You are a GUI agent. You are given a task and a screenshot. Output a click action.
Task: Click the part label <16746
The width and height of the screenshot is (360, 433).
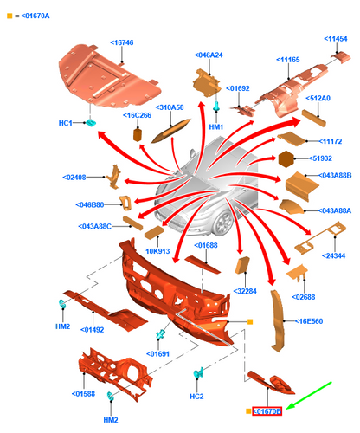tap(122, 42)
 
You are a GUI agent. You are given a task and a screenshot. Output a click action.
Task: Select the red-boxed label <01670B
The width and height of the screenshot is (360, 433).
tap(267, 411)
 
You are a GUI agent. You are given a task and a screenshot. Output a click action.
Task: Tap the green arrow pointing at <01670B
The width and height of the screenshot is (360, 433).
tap(309, 396)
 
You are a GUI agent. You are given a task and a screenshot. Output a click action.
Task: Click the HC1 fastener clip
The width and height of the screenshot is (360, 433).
tap(91, 123)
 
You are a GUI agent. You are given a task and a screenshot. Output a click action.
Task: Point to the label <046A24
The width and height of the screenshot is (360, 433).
tap(209, 55)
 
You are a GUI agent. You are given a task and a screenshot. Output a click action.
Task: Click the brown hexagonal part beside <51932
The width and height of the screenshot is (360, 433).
tap(286, 158)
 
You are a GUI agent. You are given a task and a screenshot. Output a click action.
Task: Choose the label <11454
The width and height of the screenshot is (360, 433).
tap(336, 39)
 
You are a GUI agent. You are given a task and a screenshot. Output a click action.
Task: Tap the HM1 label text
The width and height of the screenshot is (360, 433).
tap(216, 126)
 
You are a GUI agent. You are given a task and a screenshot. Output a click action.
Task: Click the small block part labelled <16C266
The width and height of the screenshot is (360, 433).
tap(138, 134)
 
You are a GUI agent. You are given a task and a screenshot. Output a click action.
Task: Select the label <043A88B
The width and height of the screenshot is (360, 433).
tap(335, 175)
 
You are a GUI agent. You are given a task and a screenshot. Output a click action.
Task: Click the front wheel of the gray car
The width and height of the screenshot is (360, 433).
tap(223, 223)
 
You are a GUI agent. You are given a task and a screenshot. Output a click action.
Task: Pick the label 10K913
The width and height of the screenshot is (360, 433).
tap(157, 251)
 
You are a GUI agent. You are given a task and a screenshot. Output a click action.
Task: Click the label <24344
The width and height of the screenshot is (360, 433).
tap(333, 255)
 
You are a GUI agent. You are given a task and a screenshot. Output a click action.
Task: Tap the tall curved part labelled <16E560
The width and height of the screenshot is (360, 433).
tap(278, 320)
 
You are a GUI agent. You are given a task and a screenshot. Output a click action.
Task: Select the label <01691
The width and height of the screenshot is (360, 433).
tap(157, 354)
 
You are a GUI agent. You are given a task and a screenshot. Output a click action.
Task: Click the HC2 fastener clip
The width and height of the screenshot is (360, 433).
tap(198, 373)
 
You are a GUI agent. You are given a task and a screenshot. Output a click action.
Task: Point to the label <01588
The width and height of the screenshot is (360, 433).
tap(83, 394)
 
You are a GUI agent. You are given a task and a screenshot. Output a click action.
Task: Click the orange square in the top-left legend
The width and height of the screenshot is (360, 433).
tap(10, 16)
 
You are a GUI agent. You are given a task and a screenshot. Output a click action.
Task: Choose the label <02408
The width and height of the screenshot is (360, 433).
tap(74, 178)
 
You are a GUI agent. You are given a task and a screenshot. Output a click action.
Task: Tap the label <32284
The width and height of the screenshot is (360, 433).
tap(245, 291)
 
